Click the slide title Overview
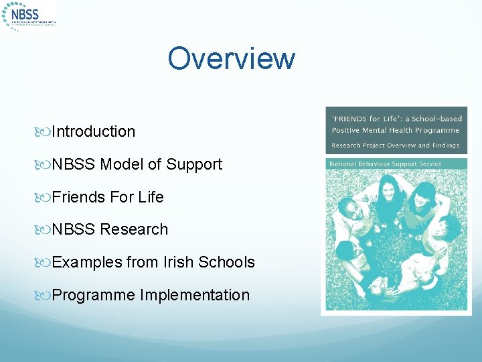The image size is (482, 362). [x=231, y=58]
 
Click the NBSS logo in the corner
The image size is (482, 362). [x=29, y=15]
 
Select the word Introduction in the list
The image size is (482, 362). [x=93, y=131]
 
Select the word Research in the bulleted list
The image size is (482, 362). [x=134, y=229]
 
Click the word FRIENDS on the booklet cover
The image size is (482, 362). [x=352, y=119]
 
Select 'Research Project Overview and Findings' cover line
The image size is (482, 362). [x=395, y=145]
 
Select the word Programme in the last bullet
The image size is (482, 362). [x=93, y=295]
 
